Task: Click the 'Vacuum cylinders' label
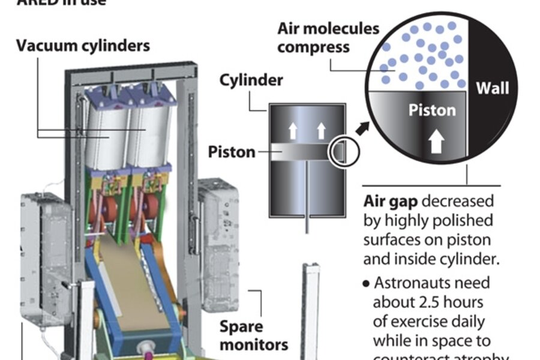pos(83,46)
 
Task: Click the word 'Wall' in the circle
pos(492,89)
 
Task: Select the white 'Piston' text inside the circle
pos(432,110)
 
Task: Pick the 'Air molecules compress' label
pos(328,37)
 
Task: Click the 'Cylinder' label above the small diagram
pos(251,80)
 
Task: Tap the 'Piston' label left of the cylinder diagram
pos(232,152)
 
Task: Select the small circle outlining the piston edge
pos(343,154)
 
